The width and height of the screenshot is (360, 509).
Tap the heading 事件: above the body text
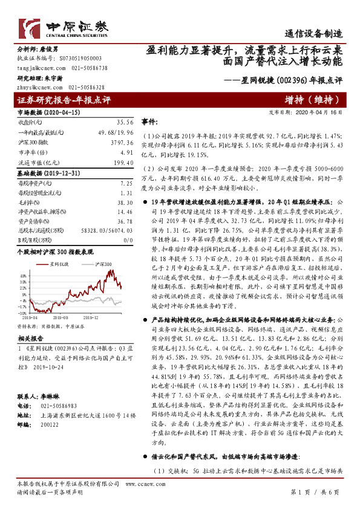click(149, 121)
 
